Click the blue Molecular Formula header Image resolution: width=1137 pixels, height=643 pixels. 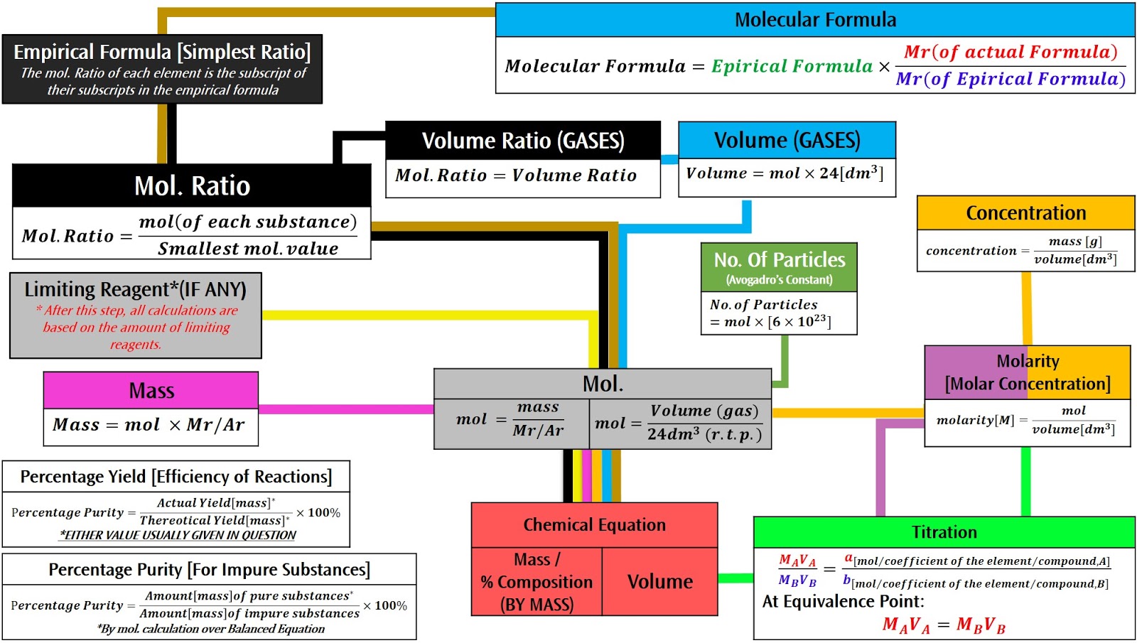[815, 20]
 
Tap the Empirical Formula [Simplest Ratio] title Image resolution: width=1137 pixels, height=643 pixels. [162, 52]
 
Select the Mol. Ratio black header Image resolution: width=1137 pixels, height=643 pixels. [192, 185]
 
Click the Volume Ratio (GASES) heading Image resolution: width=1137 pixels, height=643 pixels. [523, 141]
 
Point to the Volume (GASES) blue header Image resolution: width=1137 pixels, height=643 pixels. [787, 140]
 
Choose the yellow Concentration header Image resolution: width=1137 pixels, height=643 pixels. [1026, 212]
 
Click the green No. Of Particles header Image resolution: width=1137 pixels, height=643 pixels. [779, 267]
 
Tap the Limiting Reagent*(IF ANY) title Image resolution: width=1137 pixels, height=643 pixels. [136, 289]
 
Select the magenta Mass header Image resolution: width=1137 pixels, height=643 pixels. [151, 390]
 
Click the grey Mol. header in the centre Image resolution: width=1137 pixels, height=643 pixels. [603, 384]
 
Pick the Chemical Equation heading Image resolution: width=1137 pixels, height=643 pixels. [594, 525]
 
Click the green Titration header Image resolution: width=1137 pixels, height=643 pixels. [944, 532]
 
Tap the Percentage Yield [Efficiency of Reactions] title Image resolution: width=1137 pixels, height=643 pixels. [176, 477]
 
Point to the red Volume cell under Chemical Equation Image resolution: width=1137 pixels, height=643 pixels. [660, 582]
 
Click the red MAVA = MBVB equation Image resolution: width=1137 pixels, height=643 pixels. [944, 625]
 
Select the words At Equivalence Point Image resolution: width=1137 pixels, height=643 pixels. [843, 601]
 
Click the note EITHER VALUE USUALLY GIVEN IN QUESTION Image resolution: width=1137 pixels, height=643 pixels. [178, 535]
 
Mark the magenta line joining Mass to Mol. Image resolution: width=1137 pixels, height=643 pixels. [346, 409]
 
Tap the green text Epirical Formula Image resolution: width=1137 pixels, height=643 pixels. [792, 66]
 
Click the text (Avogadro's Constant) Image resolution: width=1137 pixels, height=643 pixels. [779, 280]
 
